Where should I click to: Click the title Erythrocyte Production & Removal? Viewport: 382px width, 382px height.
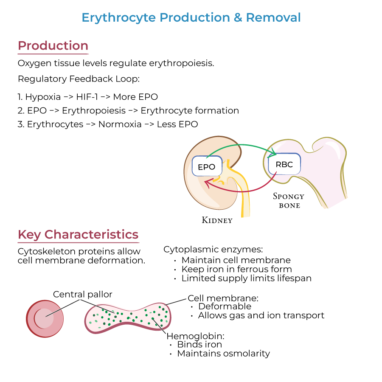tap(191, 18)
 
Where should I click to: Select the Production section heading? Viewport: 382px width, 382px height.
tap(53, 46)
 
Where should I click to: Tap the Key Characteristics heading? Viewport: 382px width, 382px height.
tap(78, 235)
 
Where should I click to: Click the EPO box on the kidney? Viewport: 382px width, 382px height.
tap(207, 167)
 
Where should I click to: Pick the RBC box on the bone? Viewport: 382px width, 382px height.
tap(284, 164)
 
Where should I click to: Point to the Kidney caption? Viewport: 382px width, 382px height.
tap(217, 220)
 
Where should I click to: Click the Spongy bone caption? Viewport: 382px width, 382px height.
tap(289, 201)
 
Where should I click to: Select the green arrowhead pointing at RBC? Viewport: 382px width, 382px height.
tap(273, 153)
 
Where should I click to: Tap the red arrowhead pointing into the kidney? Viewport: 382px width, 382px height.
tap(207, 183)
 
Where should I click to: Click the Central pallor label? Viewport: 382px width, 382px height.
tap(83, 294)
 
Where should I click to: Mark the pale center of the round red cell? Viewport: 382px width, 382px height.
tap(44, 318)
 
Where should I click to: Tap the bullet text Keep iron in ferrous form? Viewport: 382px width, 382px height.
tap(236, 269)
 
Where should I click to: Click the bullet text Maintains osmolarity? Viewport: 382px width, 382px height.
tap(223, 353)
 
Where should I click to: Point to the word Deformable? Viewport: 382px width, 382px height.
tap(225, 306)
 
